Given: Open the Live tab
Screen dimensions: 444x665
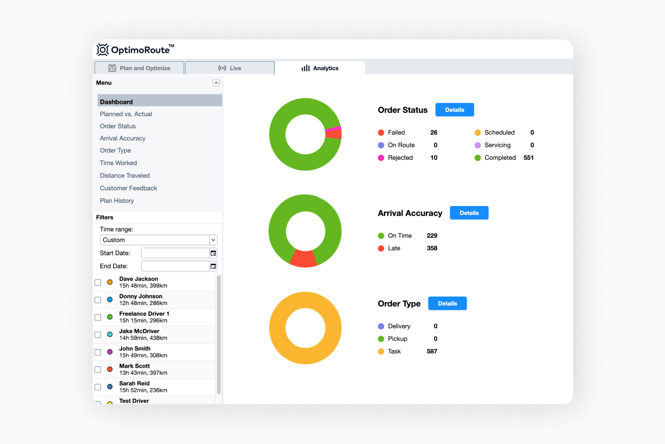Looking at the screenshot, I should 230,68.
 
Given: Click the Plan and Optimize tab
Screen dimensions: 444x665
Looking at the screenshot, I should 140,68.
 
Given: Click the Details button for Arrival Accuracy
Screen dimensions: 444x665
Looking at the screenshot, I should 469,213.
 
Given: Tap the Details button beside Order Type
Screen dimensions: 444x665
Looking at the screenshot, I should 447,304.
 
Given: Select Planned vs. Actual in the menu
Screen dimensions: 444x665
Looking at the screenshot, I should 126,114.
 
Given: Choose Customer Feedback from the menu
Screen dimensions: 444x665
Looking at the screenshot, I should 129,188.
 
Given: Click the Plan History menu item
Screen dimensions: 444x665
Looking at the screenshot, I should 117,201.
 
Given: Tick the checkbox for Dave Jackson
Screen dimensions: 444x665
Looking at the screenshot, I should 98,282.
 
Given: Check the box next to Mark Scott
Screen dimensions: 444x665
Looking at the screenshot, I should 98,369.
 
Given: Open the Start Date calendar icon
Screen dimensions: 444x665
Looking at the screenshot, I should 213,253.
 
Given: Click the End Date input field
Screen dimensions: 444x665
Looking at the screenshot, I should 175,266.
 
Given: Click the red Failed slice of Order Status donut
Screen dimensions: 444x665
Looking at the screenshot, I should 334,134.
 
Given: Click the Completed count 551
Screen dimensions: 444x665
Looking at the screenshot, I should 528,158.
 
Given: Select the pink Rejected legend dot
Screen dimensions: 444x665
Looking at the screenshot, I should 381,158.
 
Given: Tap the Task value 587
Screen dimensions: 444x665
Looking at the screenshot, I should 432,351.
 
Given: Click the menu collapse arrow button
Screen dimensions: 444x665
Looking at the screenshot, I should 216,83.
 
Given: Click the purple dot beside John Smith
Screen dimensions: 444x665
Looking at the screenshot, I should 110,352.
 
